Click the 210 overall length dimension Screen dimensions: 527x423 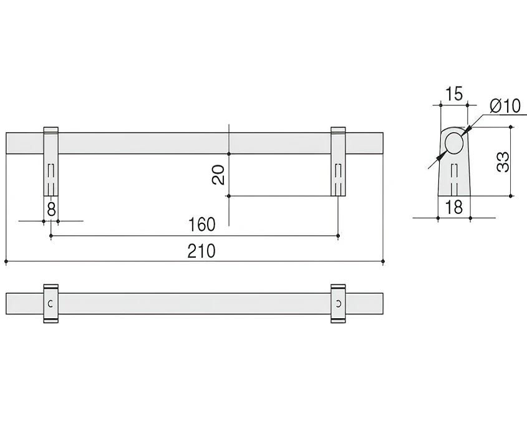point(201,251)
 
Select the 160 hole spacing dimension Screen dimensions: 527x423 point(201,224)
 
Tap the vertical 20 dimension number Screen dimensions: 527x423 point(218,175)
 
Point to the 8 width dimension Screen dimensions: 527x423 point(51,210)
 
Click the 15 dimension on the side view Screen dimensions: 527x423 point(454,94)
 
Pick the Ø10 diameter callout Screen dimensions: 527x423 point(505,106)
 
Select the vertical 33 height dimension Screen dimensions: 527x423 point(503,162)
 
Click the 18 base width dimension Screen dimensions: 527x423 point(454,207)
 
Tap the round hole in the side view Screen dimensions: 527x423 point(454,143)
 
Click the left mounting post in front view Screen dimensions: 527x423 point(51,162)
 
